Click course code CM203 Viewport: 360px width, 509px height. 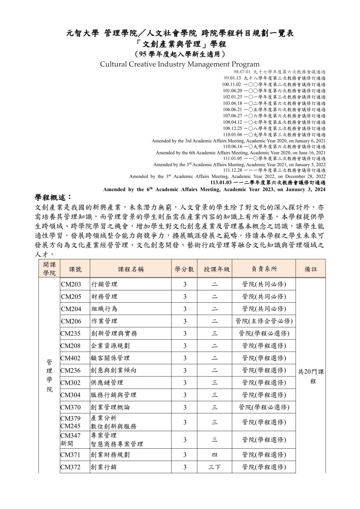point(71,285)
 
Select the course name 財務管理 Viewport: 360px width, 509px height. point(104,297)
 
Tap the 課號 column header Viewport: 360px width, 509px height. point(75,269)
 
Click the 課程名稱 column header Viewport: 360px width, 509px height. point(131,269)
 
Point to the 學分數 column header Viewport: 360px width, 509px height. point(185,269)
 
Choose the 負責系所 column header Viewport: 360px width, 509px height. point(264,269)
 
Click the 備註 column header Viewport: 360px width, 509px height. point(310,269)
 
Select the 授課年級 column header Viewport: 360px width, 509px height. point(217,269)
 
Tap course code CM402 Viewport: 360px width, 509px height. point(71,358)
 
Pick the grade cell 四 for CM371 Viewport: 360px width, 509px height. point(215,455)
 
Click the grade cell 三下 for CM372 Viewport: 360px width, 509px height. point(215,467)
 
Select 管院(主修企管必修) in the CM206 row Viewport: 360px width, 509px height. point(264,321)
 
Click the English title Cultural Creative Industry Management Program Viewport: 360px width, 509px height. point(180,64)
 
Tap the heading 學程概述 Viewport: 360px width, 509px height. point(54,198)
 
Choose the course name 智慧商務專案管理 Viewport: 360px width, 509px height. point(117,444)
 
